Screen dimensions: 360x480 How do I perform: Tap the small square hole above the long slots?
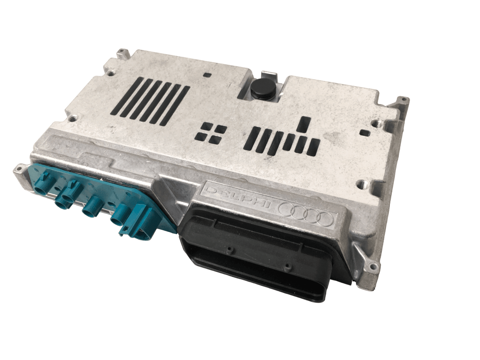click(206, 74)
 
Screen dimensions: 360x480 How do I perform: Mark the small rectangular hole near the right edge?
click(363, 132)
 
